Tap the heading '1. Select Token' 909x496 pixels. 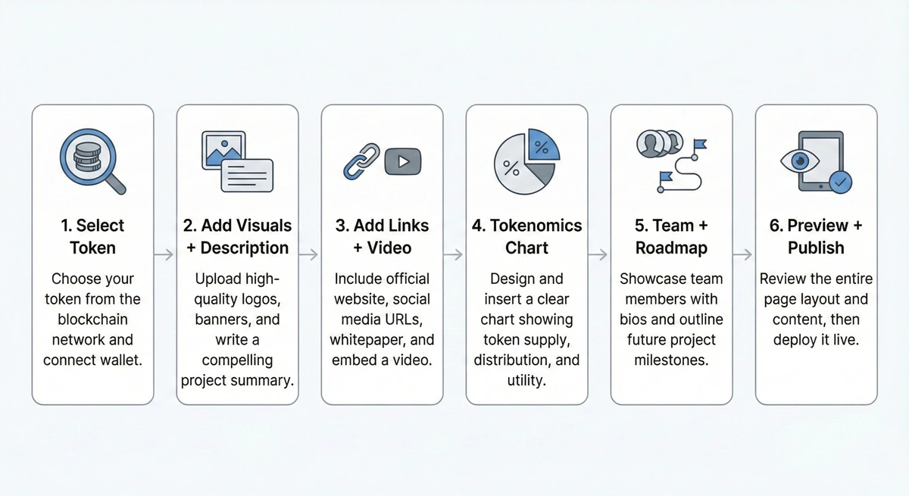pyautogui.click(x=92, y=236)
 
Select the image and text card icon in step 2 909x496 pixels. pyautogui.click(x=237, y=161)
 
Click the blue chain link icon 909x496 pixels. pyautogui.click(x=361, y=161)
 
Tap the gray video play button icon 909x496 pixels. pyautogui.click(x=402, y=161)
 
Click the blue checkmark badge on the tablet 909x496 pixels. pyautogui.click(x=840, y=182)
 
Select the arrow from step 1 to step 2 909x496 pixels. pyautogui.click(x=164, y=255)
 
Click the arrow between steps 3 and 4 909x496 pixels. pyautogui.click(x=454, y=255)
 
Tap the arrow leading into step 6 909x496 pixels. pyautogui.click(x=743, y=255)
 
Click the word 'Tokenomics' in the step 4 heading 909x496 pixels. pyautogui.click(x=536, y=226)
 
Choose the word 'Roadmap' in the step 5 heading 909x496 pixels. pyautogui.click(x=671, y=248)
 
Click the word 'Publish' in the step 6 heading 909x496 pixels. pyautogui.click(x=816, y=248)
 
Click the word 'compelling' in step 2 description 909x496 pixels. pyautogui.click(x=237, y=360)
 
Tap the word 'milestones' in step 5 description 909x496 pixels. pyautogui.click(x=671, y=360)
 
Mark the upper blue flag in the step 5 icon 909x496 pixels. pyautogui.click(x=698, y=143)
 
